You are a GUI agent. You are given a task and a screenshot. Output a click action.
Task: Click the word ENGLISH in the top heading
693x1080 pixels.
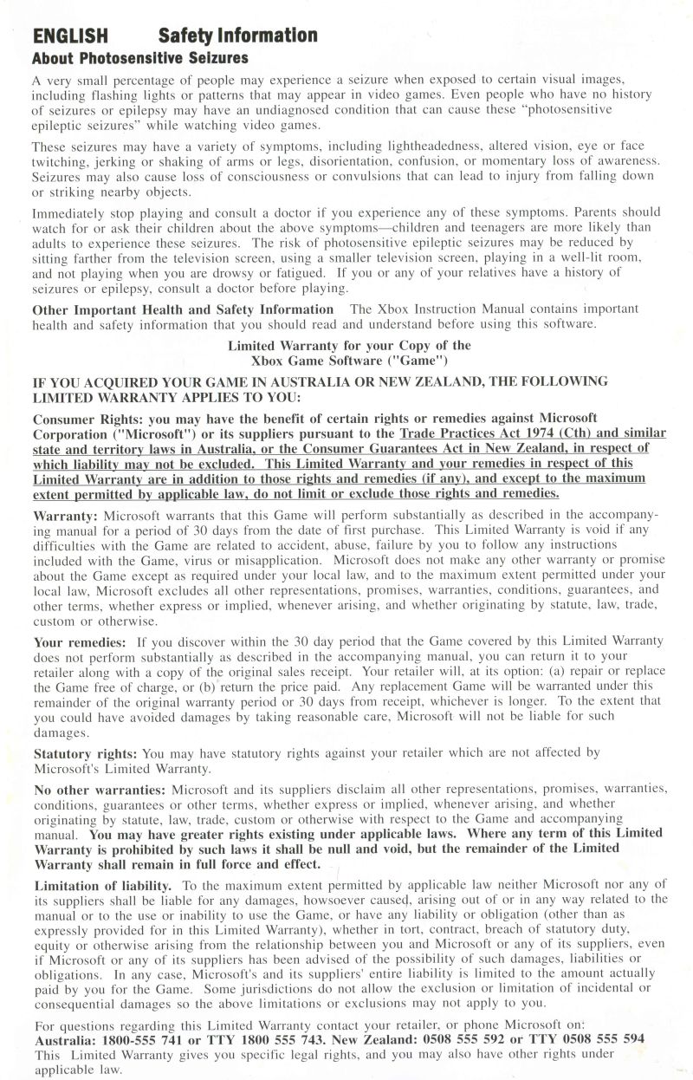pos(70,36)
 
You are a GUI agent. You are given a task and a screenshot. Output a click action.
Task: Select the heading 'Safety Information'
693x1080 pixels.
pos(238,36)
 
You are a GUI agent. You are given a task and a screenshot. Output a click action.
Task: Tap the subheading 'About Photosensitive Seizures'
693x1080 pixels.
pos(140,58)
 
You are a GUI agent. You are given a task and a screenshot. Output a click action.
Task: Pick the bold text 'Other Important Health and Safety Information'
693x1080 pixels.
pos(183,309)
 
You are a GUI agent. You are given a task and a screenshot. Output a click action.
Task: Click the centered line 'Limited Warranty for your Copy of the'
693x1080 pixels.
pos(349,345)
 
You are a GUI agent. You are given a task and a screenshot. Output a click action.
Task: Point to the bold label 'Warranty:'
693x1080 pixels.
pos(66,515)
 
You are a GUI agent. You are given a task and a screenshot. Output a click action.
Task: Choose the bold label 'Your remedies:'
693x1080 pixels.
pos(80,641)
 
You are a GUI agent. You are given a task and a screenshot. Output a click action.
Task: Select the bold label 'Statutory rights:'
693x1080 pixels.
pos(86,753)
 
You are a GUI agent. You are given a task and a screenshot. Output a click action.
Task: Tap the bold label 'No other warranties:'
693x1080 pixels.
pos(100,790)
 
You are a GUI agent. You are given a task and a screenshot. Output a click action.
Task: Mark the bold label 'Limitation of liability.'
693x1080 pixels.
pos(103,885)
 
